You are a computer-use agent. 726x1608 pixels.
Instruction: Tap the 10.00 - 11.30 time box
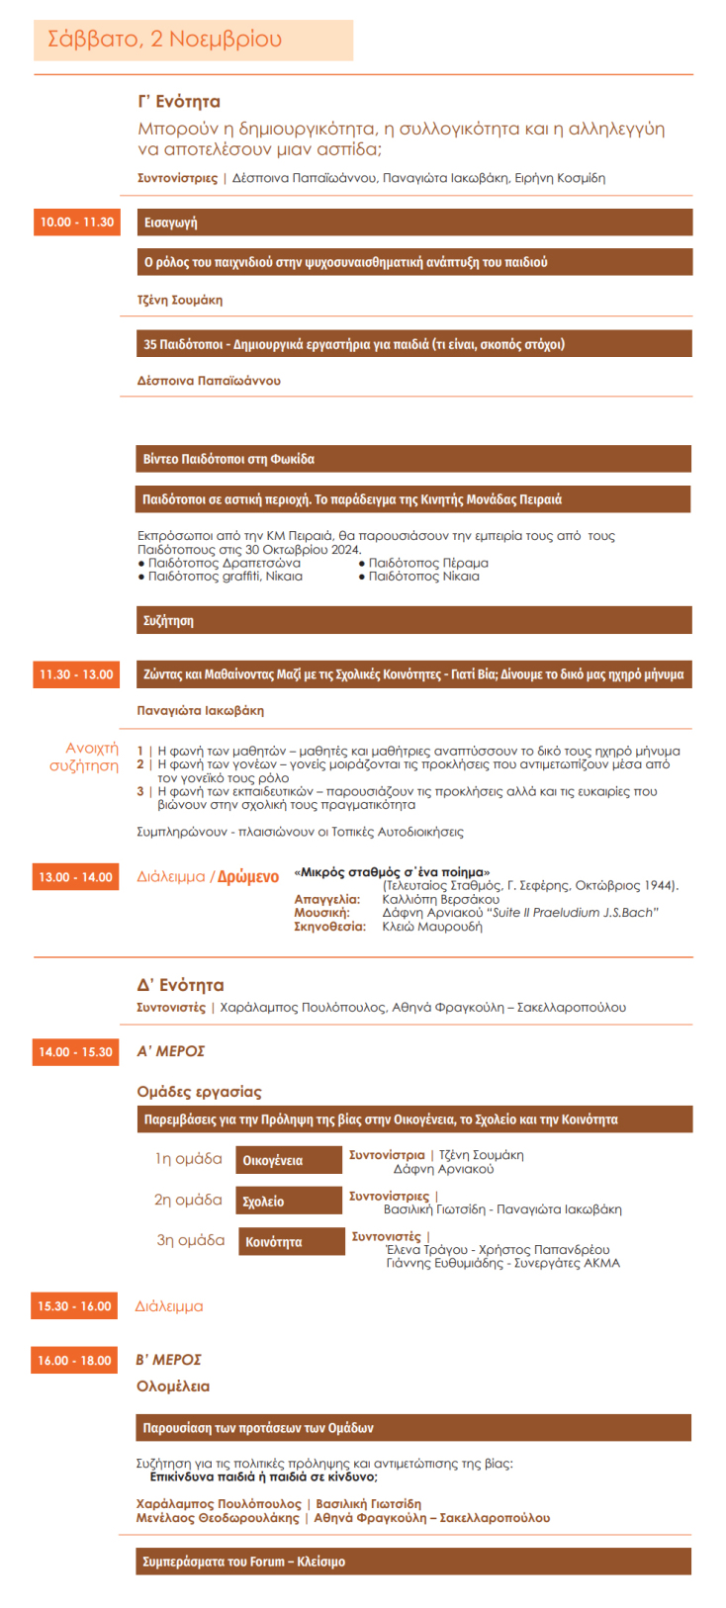pyautogui.click(x=76, y=223)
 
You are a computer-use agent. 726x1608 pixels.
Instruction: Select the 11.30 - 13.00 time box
pyautogui.click(x=76, y=674)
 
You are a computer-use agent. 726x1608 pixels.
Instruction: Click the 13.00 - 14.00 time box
pyautogui.click(x=76, y=877)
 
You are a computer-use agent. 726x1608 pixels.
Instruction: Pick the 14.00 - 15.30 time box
pyautogui.click(x=76, y=1052)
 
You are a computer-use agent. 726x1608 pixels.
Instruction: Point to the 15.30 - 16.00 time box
pyautogui.click(x=75, y=1306)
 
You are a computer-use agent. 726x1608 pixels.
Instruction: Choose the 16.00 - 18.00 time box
pyautogui.click(x=75, y=1361)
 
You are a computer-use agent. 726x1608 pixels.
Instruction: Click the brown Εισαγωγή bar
pyautogui.click(x=413, y=223)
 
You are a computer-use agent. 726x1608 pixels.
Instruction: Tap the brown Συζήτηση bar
pyautogui.click(x=413, y=621)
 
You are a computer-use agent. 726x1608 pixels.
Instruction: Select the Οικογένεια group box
pyautogui.click(x=289, y=1161)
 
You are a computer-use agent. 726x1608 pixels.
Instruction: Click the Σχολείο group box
pyautogui.click(x=289, y=1202)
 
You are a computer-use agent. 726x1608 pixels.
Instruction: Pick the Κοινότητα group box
pyautogui.click(x=292, y=1242)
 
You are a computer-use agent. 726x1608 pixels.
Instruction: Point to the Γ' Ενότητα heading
pyautogui.click(x=179, y=102)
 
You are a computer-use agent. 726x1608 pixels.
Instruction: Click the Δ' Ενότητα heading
pyautogui.click(x=180, y=985)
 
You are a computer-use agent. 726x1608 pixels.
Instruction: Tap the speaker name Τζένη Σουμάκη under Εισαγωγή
pyautogui.click(x=180, y=300)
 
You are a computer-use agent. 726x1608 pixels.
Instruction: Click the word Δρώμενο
pyautogui.click(x=248, y=877)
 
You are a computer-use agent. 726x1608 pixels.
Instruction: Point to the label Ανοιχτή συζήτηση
pyautogui.click(x=85, y=757)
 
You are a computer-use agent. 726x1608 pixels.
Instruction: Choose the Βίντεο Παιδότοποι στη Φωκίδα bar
pyautogui.click(x=413, y=459)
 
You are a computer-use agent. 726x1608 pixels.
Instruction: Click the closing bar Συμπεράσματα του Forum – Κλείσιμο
pyautogui.click(x=413, y=1562)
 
